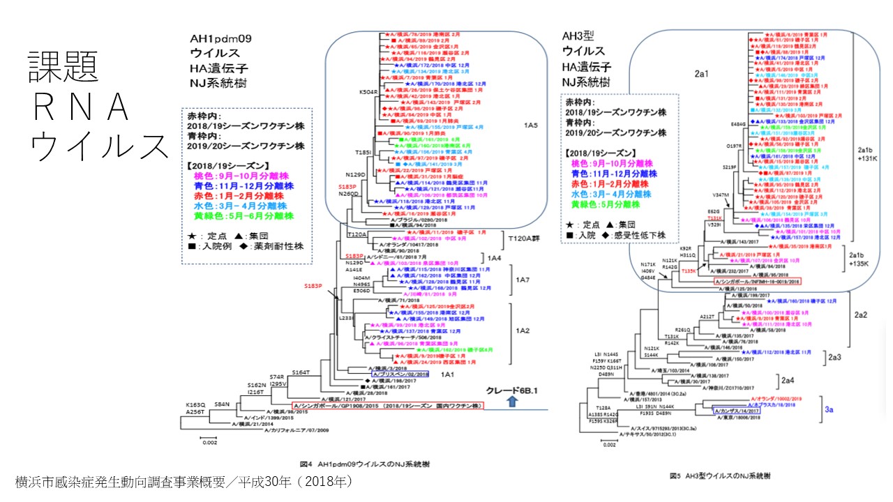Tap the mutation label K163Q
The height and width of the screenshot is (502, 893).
195,404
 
